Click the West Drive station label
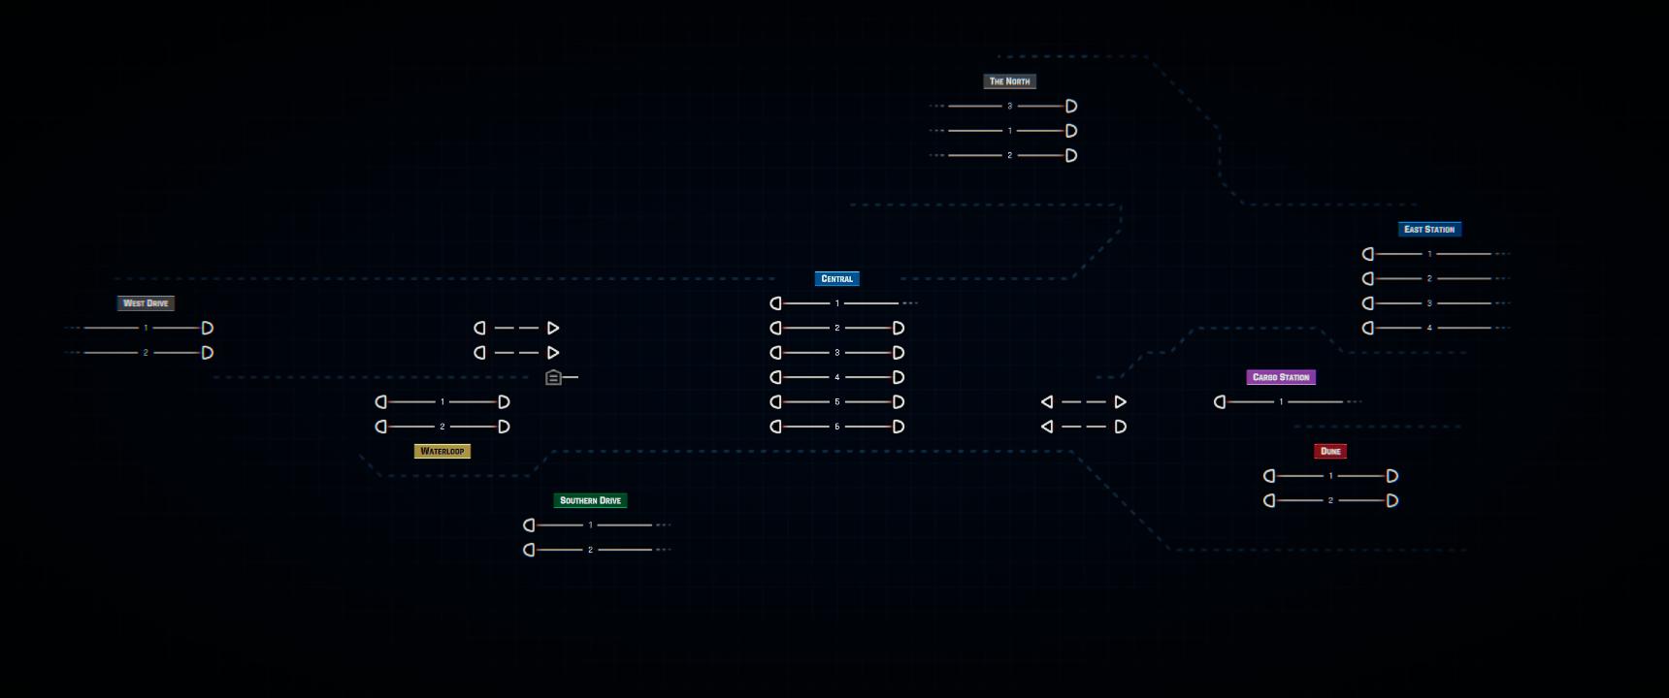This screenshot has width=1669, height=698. [x=146, y=303]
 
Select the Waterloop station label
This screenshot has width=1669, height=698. [x=442, y=451]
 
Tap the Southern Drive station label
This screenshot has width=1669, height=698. [x=591, y=500]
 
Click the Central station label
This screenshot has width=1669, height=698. [x=837, y=278]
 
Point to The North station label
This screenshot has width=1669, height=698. [x=1010, y=81]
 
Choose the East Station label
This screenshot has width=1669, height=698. [x=1429, y=229]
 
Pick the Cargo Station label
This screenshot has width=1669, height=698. [x=1281, y=377]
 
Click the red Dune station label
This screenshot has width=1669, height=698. [x=1330, y=451]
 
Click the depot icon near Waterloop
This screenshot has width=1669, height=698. [x=553, y=377]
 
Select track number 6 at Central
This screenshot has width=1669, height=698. [x=837, y=427]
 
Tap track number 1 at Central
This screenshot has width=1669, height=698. [x=837, y=303]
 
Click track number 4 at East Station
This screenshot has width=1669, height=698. [x=1429, y=328]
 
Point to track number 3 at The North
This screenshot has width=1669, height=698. [x=1010, y=106]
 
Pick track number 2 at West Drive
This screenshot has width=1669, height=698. [x=146, y=353]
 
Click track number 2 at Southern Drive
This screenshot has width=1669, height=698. [x=590, y=550]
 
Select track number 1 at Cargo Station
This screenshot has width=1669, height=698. [x=1281, y=401]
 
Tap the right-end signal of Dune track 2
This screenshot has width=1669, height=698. [x=1392, y=500]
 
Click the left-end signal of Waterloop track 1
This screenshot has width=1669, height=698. [x=380, y=401]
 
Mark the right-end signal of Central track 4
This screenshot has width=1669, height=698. [x=899, y=377]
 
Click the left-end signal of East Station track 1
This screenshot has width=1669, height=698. [x=1367, y=254]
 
